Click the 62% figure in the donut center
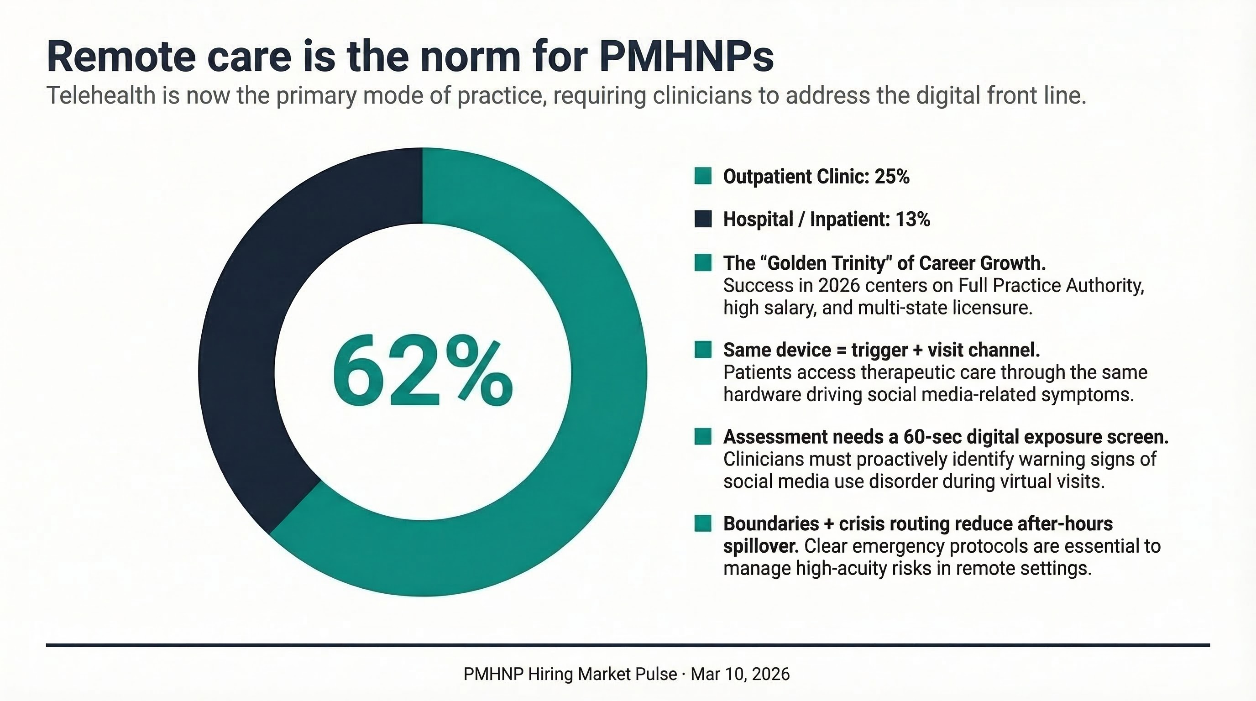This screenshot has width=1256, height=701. click(x=422, y=371)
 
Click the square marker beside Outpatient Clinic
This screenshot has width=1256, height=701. click(x=702, y=176)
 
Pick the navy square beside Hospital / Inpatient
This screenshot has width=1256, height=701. click(x=702, y=219)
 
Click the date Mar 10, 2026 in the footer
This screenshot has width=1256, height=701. click(x=740, y=674)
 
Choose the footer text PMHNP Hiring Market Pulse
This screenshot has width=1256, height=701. click(x=570, y=674)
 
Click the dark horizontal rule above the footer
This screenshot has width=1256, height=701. click(x=628, y=645)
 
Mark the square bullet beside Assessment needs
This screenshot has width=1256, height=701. click(x=702, y=436)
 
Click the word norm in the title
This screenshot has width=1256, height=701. click(x=471, y=57)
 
